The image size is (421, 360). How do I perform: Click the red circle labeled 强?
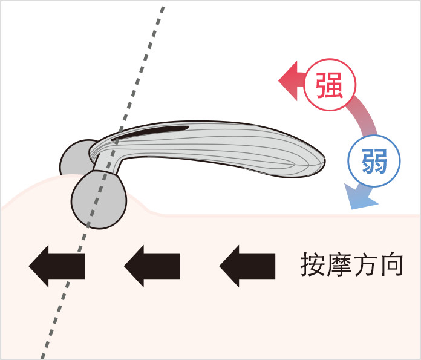[x=330, y=85]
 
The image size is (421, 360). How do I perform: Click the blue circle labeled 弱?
[x=374, y=161]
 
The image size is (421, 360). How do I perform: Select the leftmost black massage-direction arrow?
[x=57, y=266]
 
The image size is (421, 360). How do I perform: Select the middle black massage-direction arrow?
[x=152, y=266]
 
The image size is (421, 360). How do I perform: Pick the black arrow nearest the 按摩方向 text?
[x=247, y=266]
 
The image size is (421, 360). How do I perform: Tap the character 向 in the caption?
[x=391, y=264]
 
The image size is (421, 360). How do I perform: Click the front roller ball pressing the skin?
[x=99, y=199]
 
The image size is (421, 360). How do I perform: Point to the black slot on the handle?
[x=151, y=133]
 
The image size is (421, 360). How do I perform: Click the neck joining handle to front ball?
[x=108, y=163]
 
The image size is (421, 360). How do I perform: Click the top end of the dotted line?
[x=163, y=7]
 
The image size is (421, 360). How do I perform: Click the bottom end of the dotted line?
[x=42, y=356]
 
